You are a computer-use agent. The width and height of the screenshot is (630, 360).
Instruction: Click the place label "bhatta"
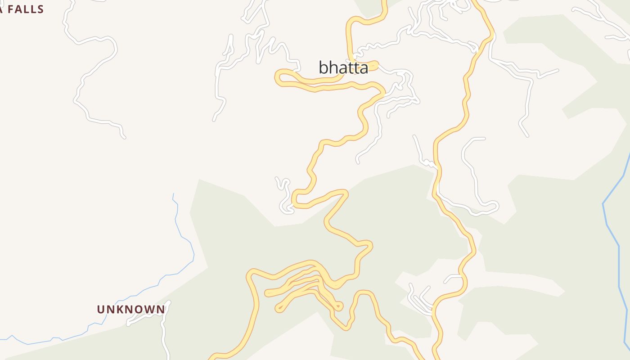tap(343, 67)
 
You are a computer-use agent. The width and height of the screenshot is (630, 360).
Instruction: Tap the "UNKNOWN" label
tap(131, 309)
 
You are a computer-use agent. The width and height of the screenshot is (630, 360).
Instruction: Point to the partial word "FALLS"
tap(25, 9)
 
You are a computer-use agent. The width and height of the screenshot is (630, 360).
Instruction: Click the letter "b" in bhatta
tap(323, 67)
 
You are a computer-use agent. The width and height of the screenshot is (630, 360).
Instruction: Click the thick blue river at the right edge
tap(612, 225)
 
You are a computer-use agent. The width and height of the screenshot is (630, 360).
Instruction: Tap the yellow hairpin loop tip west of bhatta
tap(278, 77)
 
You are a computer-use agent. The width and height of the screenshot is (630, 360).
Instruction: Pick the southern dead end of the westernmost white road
tap(124, 137)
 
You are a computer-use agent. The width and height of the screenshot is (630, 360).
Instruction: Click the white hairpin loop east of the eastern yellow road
tap(495, 207)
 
